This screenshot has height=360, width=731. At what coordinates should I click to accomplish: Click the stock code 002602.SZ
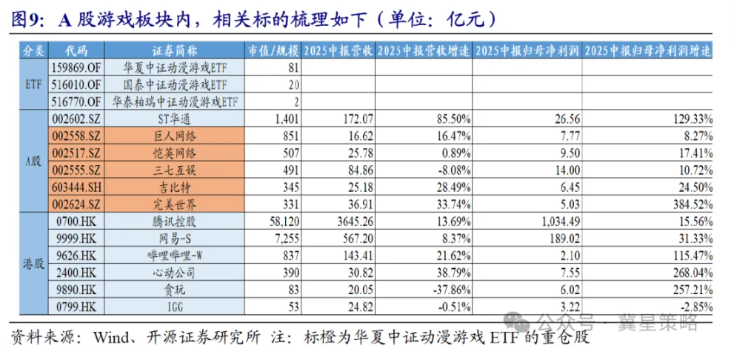tap(75, 119)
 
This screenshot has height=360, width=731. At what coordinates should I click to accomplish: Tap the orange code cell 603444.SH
tap(75, 187)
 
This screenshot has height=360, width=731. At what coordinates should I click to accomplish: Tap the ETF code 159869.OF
tap(75, 67)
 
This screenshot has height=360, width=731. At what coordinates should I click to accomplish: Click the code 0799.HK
tap(75, 307)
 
